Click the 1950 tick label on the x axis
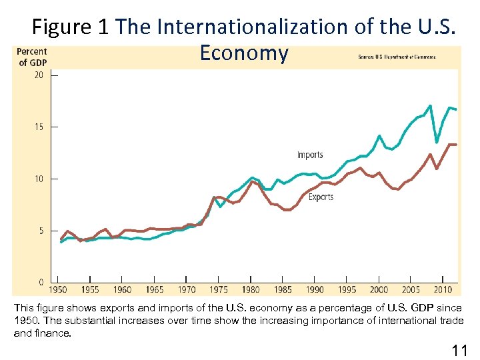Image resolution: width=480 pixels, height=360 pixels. pyautogui.click(x=58, y=289)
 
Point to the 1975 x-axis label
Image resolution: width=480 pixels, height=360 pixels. pyautogui.click(x=219, y=289)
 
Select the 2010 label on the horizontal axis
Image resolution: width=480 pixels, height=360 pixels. pyautogui.click(x=443, y=289)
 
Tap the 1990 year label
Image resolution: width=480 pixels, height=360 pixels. pyautogui.click(x=315, y=289)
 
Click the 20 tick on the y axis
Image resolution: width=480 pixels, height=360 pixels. pyautogui.click(x=39, y=75)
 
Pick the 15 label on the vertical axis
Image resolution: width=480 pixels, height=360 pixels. pyautogui.click(x=39, y=127)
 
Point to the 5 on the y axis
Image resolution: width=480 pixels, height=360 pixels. pyautogui.click(x=41, y=231)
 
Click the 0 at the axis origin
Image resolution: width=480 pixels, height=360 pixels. pyautogui.click(x=41, y=283)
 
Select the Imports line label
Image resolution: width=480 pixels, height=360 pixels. pyautogui.click(x=310, y=155)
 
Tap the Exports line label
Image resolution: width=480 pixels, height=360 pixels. pyautogui.click(x=321, y=197)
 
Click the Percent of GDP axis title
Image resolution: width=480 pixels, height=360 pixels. pyautogui.click(x=31, y=57)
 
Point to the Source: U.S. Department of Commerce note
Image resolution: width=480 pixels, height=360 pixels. pyautogui.click(x=397, y=57)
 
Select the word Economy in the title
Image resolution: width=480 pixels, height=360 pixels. pyautogui.click(x=243, y=53)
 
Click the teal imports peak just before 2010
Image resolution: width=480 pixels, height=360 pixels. pyautogui.click(x=430, y=106)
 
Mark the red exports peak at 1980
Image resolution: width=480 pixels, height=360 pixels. pyautogui.click(x=252, y=181)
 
